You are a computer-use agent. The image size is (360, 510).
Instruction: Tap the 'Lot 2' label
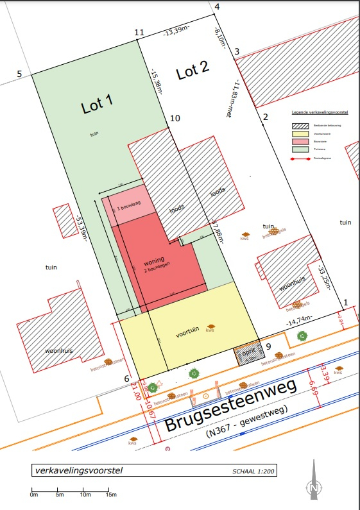(x=193, y=71)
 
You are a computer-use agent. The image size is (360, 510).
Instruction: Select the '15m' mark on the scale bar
(x=110, y=494)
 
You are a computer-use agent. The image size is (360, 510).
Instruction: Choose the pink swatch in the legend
(x=299, y=140)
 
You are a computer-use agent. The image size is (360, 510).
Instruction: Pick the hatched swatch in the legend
(x=299, y=125)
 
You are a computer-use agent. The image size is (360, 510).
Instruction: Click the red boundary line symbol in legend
(x=299, y=156)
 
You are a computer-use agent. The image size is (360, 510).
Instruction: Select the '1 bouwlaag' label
(x=128, y=208)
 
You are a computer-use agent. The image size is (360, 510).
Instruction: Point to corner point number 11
(x=139, y=32)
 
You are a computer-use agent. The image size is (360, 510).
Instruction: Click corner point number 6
(x=127, y=378)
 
